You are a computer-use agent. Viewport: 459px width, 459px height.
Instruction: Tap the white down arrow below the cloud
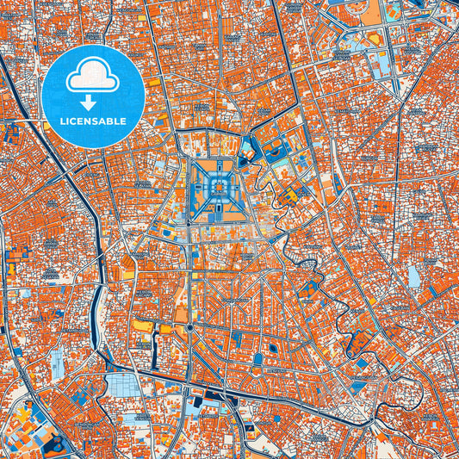(x=93, y=102)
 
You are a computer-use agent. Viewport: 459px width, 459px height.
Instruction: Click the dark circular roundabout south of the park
(x=189, y=328)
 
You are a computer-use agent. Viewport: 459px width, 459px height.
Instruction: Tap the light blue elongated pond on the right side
(x=414, y=276)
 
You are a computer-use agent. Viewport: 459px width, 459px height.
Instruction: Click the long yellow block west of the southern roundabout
(x=142, y=326)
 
